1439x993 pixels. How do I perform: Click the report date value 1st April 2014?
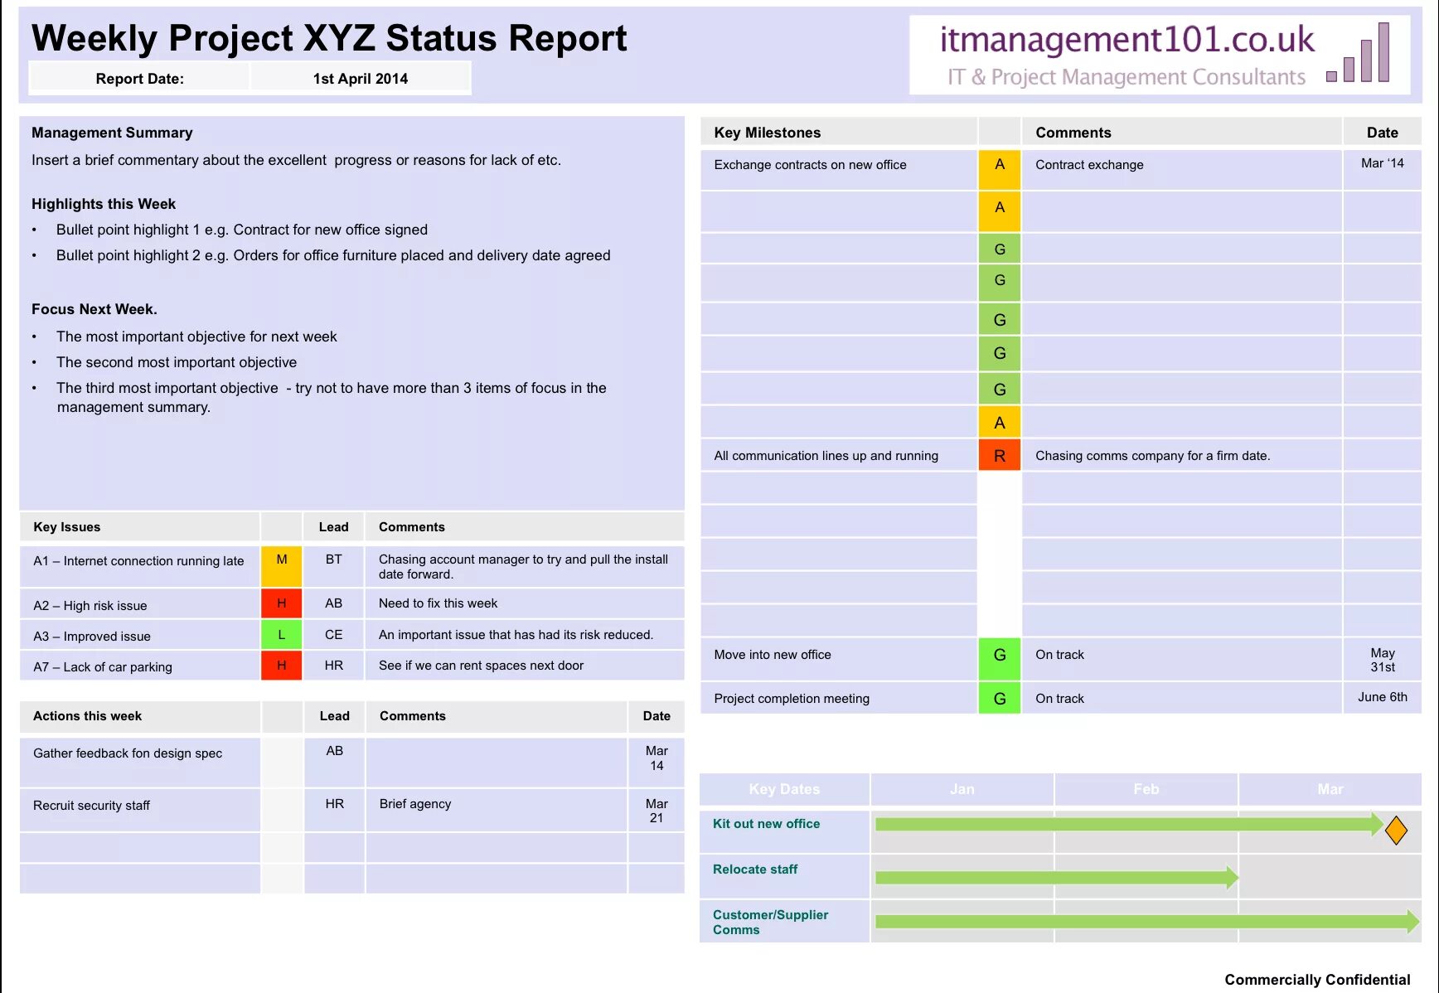[360, 79]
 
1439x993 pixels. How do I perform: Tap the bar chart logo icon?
[1359, 54]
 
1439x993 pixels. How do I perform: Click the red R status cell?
[999, 456]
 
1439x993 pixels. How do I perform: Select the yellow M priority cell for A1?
[281, 565]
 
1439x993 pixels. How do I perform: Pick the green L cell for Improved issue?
[281, 635]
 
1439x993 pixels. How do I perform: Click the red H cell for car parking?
[281, 666]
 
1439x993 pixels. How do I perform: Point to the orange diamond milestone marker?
[1396, 830]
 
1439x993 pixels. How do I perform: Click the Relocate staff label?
[754, 869]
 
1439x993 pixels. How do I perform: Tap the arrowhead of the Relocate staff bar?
[1233, 877]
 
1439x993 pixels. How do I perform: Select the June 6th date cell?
[1382, 697]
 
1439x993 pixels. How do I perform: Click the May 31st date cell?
[1382, 660]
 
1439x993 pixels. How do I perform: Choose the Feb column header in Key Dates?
[1146, 789]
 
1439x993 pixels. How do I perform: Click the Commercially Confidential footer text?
[1316, 980]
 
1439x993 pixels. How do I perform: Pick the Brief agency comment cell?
[415, 804]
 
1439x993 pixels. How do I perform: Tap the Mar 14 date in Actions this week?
[657, 758]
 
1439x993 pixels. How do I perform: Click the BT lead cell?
[333, 559]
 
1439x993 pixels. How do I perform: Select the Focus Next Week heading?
[94, 309]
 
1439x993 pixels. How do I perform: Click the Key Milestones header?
[767, 133]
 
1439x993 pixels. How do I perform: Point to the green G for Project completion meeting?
[999, 699]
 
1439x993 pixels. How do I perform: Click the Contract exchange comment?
[1088, 165]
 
